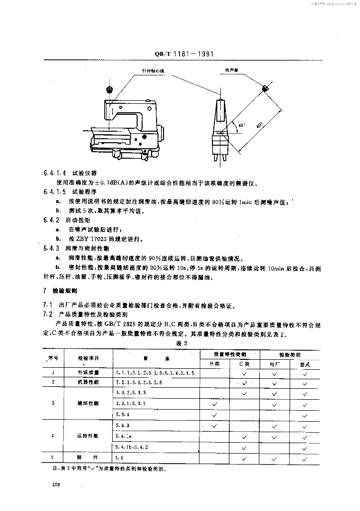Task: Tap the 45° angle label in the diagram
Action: [241, 125]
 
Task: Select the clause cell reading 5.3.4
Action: [123, 414]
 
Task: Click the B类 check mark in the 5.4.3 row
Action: [215, 426]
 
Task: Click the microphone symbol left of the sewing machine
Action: [110, 89]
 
